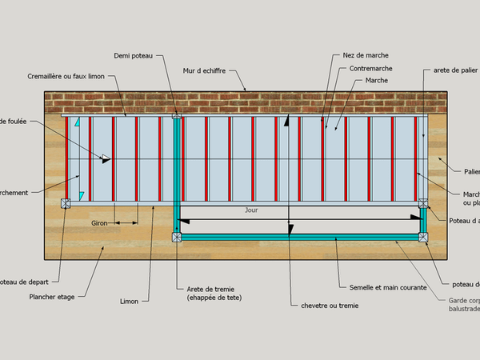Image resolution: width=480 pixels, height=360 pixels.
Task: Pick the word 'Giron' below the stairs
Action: point(99,222)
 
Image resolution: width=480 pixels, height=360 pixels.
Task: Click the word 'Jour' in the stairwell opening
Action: point(252,210)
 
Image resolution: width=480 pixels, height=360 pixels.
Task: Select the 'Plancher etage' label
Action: point(52,297)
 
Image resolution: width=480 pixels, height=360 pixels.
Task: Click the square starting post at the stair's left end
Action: point(66,203)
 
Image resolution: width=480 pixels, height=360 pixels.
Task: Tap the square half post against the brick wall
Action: point(176,116)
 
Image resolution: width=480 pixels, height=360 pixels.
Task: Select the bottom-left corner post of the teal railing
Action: point(176,236)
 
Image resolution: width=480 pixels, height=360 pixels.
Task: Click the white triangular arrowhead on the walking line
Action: point(105,158)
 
